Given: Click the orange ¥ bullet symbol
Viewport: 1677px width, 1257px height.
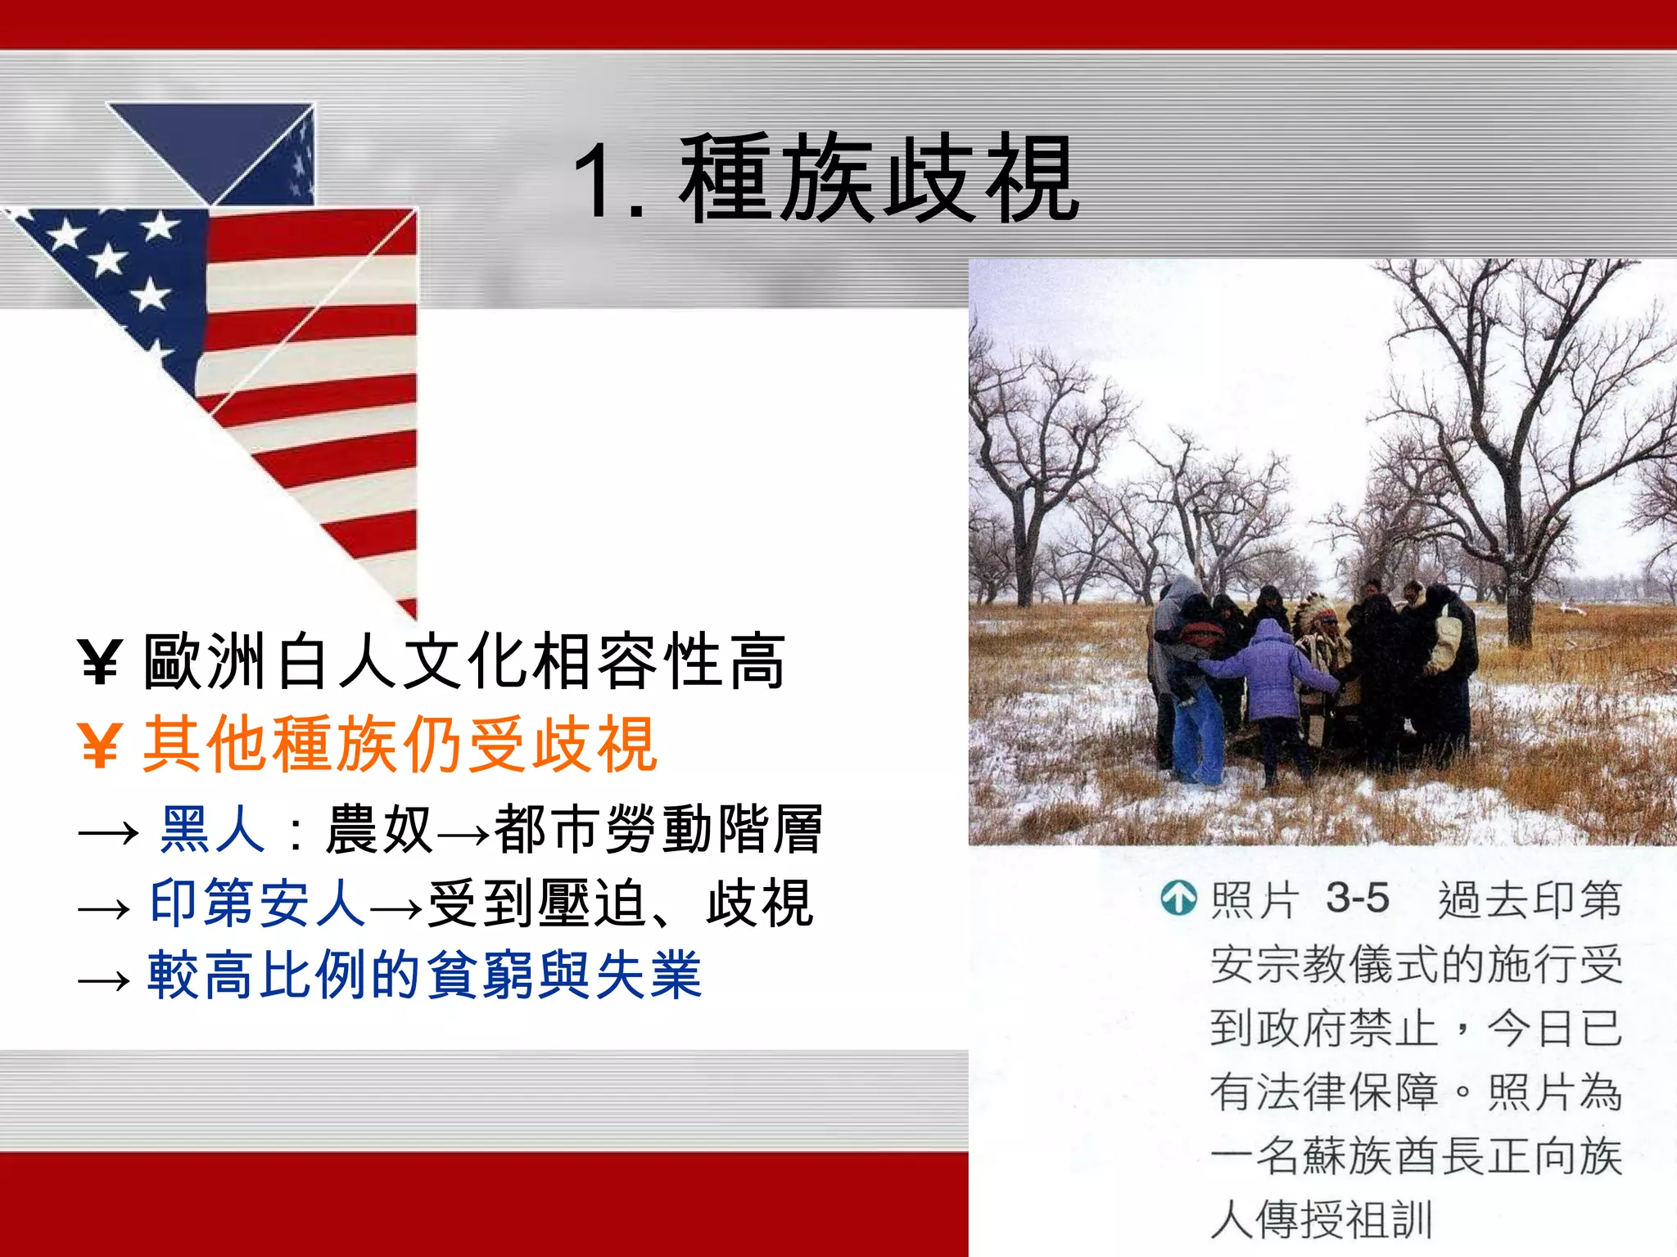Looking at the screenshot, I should point(101,745).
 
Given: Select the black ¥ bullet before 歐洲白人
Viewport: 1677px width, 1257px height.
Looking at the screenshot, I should point(101,661).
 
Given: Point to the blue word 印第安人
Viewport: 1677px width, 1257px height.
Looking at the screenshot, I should point(257,903).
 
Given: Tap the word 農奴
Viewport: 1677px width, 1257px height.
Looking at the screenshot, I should point(378,829).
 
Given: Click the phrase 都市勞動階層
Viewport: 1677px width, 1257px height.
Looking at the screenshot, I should point(658,829).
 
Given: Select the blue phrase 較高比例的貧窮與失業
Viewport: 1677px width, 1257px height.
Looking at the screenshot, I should point(424,975).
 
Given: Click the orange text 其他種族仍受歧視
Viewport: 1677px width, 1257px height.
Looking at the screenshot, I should point(400,745).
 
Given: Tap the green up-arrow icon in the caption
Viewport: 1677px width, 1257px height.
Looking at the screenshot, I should point(1178,899).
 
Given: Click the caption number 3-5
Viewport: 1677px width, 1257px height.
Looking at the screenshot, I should point(1357,899).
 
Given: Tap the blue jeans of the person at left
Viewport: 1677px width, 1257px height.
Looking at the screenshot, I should point(1197,737).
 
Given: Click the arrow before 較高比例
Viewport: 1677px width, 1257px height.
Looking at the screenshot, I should point(104,980).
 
